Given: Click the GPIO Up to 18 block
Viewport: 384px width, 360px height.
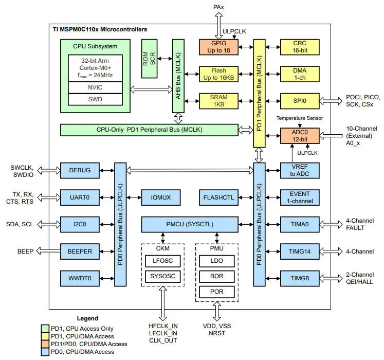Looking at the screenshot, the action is pos(218,47).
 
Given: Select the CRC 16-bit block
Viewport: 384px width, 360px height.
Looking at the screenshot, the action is pos(300,47).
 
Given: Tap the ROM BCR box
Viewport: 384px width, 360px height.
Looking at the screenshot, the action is pos(149,59).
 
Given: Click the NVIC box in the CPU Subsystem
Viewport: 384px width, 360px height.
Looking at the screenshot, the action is pos(95,87).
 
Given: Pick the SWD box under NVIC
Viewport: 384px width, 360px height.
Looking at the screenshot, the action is pos(95,99).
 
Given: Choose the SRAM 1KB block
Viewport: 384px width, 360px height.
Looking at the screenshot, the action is pos(218,101).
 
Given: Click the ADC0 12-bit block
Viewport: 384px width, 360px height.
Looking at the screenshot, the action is pos(300,136).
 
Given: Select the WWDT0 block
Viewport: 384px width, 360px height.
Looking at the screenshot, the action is pos(80,278).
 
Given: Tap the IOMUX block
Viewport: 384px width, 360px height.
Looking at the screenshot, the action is pos(161,197).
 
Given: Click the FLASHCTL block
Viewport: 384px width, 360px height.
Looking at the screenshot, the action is pos(218,197).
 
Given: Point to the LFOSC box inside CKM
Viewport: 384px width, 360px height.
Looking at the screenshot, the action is pos(162,261).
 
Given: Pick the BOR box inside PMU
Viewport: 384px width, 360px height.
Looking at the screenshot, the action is pos(216,277).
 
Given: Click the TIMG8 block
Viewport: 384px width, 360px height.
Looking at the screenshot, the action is pos(300,278).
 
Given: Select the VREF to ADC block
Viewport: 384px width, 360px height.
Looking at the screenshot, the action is pos(300,170).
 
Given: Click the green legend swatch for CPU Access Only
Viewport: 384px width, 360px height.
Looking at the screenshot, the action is pos(45,329).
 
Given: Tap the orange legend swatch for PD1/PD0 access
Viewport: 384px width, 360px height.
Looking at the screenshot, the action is pos(45,344).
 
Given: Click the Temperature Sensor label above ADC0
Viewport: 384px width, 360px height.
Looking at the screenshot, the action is pos(300,118).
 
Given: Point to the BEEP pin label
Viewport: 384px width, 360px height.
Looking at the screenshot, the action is pos(25,251).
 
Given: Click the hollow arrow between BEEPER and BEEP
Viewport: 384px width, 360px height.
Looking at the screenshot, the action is pos(48,251).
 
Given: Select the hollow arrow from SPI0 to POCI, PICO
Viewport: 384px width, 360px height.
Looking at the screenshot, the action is pos(331,101).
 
